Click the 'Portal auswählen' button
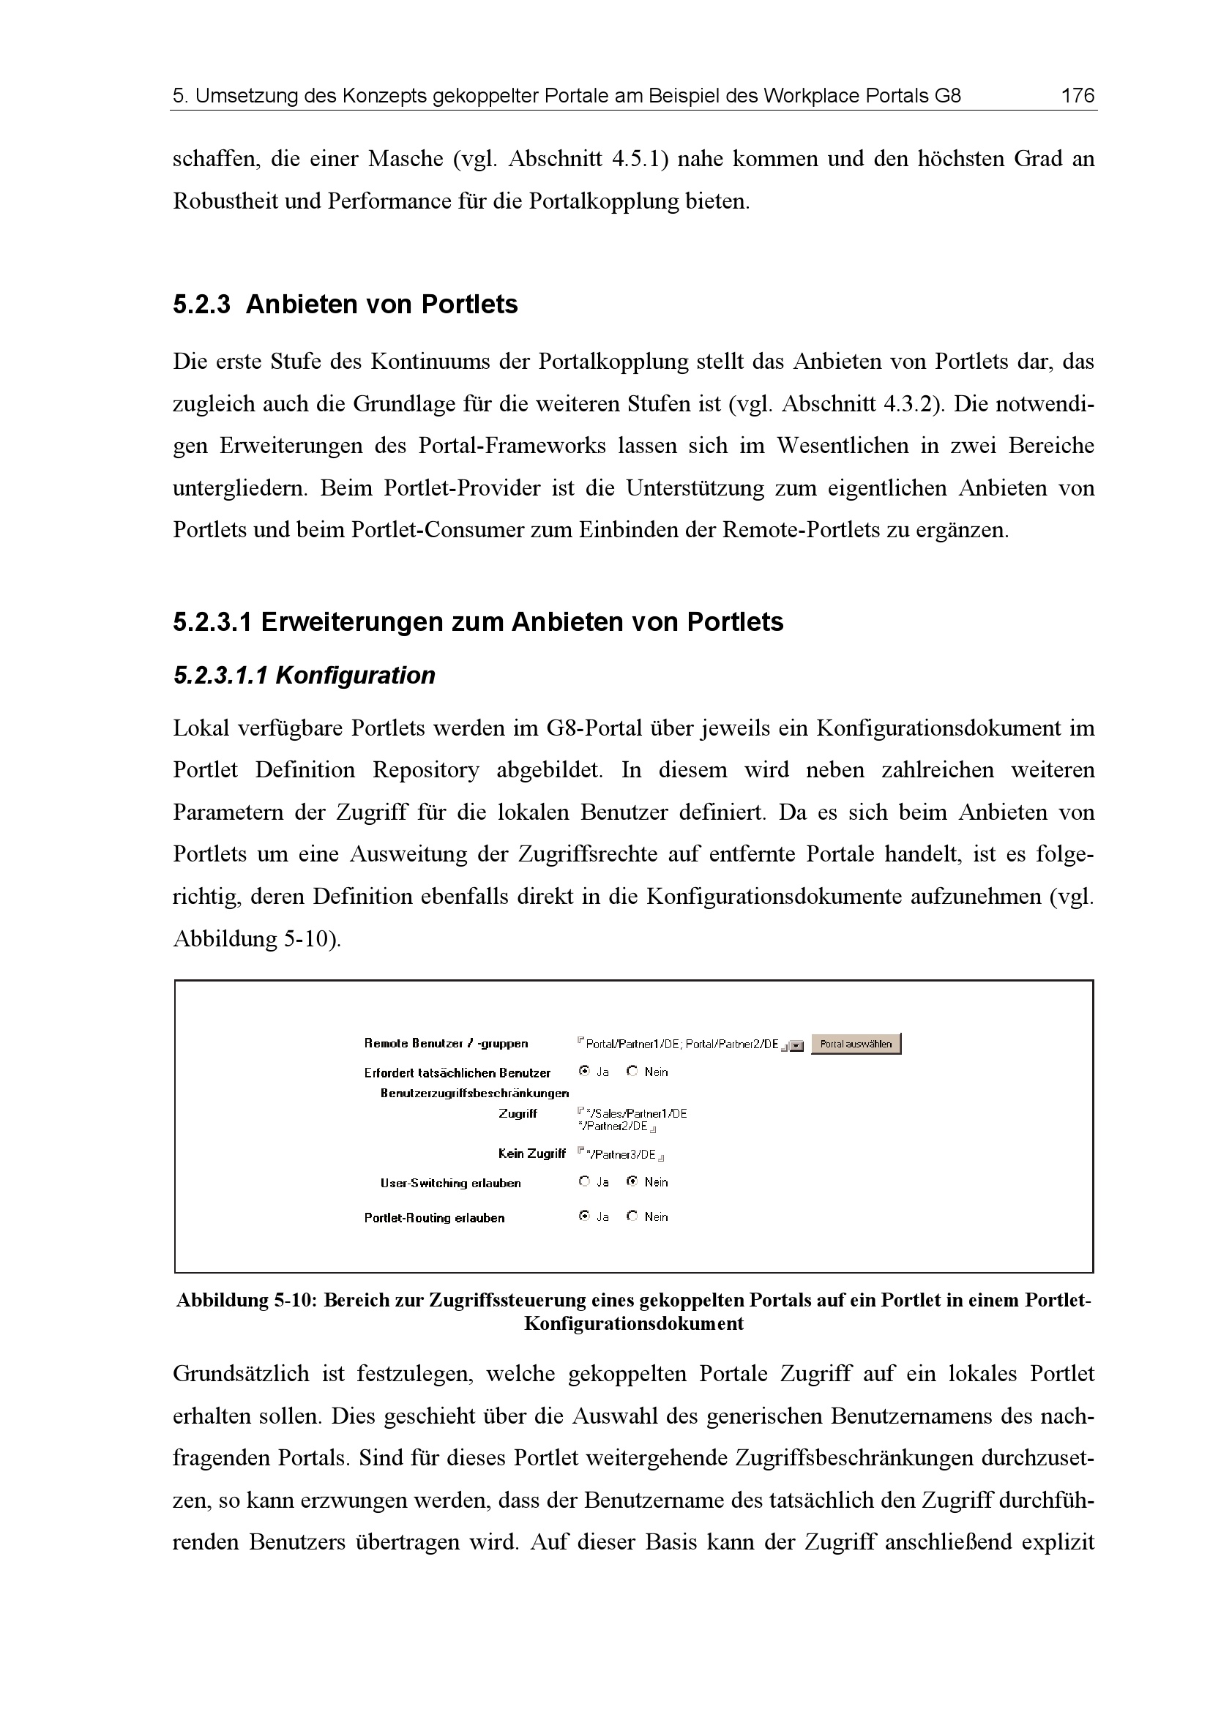pos(855,1044)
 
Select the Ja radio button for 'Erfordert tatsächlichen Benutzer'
pos(584,1072)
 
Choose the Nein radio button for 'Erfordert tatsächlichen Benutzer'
pos(632,1072)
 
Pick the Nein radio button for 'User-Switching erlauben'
pos(632,1182)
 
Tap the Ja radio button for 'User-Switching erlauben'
pos(584,1182)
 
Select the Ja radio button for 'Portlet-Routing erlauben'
pos(584,1216)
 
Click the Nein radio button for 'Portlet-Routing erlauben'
pos(632,1216)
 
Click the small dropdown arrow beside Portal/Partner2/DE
pos(796,1046)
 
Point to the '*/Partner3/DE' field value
pos(621,1155)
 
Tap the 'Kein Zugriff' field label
pos(531,1154)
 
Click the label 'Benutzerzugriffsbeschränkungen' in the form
pos(474,1094)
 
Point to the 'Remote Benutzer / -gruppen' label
pos(446,1044)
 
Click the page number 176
pos(1078,95)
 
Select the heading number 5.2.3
pos(202,305)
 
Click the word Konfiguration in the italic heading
pos(355,676)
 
